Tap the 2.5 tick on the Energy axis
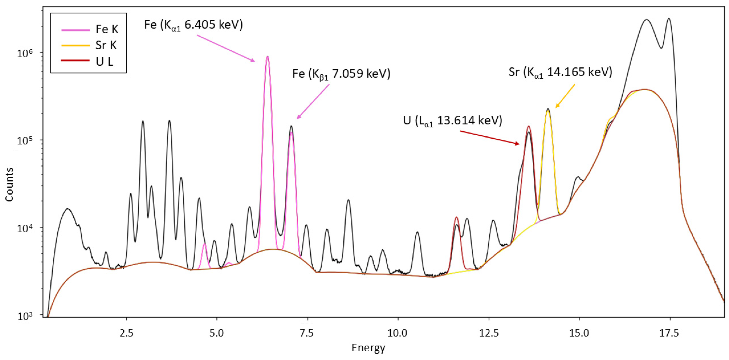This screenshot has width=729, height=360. [x=126, y=333]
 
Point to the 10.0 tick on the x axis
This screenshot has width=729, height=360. [x=398, y=333]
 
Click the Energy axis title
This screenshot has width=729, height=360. [x=368, y=348]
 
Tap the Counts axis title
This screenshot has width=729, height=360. [x=9, y=184]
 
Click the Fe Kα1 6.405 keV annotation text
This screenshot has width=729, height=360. [x=193, y=25]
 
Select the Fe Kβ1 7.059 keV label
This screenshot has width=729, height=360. [x=341, y=74]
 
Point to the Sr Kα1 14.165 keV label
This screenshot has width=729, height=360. [x=560, y=73]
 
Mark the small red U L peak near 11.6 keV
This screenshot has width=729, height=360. [x=456, y=218]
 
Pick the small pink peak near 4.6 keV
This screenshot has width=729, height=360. [x=204, y=244]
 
